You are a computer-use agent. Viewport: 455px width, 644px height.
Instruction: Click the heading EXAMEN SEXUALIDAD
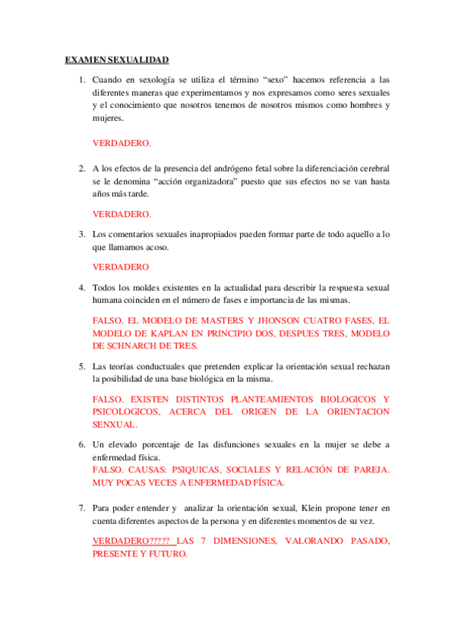(116, 60)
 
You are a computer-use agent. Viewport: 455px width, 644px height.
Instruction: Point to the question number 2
(81, 168)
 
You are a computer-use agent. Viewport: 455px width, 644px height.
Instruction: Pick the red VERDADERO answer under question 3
(120, 267)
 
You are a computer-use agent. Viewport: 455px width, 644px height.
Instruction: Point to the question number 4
(81, 288)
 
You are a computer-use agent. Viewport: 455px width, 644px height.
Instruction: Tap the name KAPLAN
(171, 334)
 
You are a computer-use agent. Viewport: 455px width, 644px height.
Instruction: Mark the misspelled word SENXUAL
(115, 425)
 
